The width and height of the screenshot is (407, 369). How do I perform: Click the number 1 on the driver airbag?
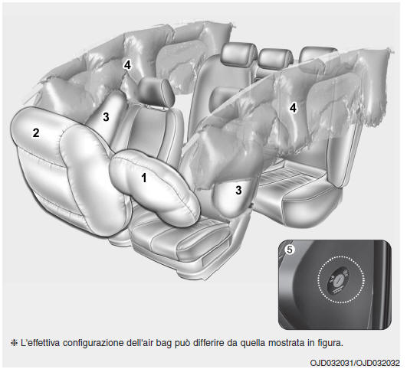point(144,178)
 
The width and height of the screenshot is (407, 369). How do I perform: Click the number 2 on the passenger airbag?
point(36,132)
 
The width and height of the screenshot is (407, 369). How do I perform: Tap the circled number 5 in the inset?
point(290,250)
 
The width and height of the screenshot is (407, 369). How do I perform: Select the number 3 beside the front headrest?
point(106,117)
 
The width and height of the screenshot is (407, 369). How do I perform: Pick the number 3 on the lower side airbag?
point(238,191)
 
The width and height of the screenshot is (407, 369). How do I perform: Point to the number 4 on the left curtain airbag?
point(127,65)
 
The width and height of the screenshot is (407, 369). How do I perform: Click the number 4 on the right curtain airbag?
point(293,108)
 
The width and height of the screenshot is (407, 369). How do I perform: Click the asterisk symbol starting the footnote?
point(13,343)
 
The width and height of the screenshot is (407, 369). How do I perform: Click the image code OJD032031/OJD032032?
point(355,362)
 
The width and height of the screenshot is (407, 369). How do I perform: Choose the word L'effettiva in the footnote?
point(40,343)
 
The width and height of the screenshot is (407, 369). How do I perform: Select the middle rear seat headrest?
point(276,59)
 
